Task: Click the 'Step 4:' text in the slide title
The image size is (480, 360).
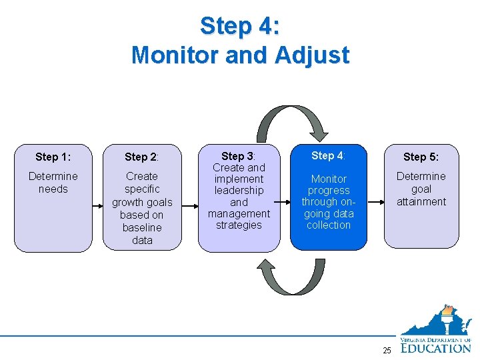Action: (240, 26)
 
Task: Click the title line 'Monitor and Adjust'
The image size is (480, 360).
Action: (240, 55)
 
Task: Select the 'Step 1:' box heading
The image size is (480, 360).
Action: (53, 157)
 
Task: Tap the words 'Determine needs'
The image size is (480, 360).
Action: (53, 183)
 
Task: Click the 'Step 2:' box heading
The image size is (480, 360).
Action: (142, 157)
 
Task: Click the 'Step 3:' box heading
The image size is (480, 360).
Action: (239, 156)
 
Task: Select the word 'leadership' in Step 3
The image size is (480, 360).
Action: (239, 191)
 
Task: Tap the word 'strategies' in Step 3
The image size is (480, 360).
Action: (239, 225)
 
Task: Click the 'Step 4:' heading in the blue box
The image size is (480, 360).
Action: (328, 155)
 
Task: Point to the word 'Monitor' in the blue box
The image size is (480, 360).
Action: (329, 179)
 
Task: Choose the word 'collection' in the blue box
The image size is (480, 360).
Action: (329, 225)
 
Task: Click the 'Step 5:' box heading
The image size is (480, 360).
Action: (421, 157)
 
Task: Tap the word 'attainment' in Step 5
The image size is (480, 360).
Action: (421, 201)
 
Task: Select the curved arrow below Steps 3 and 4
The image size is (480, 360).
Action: (291, 277)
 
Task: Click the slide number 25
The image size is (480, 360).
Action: (387, 351)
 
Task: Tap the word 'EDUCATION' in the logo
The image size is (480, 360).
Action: (436, 347)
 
